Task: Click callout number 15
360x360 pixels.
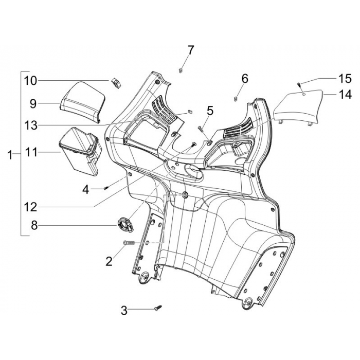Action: (x=345, y=79)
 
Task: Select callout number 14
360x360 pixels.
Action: (x=345, y=94)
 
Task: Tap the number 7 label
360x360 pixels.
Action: (x=190, y=50)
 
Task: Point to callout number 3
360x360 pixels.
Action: (x=124, y=311)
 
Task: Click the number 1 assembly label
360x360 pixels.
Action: (x=10, y=155)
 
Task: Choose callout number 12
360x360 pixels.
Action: (x=31, y=207)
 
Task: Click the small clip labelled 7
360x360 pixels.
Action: (x=181, y=70)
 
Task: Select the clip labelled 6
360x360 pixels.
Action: (x=235, y=99)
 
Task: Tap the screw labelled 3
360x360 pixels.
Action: (x=158, y=308)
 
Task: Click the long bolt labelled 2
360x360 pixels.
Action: (x=130, y=243)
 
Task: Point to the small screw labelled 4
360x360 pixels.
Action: (x=105, y=188)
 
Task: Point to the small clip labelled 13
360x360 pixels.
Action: (x=190, y=112)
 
